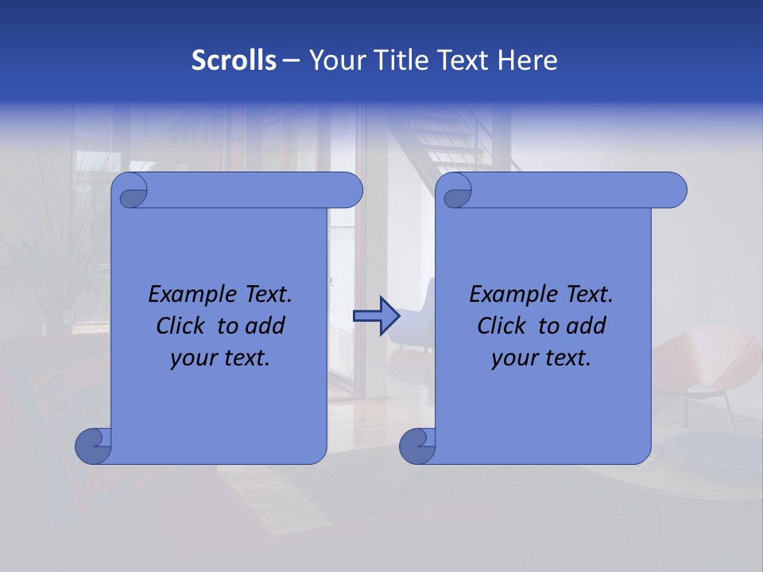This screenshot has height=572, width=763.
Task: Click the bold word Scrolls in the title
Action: [234, 60]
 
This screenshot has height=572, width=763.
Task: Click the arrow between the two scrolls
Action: [376, 316]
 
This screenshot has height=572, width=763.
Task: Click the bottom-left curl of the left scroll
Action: [93, 446]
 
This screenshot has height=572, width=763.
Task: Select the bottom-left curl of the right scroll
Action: [417, 446]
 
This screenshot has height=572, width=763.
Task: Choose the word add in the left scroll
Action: [265, 327]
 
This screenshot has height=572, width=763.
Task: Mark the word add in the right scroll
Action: [586, 327]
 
